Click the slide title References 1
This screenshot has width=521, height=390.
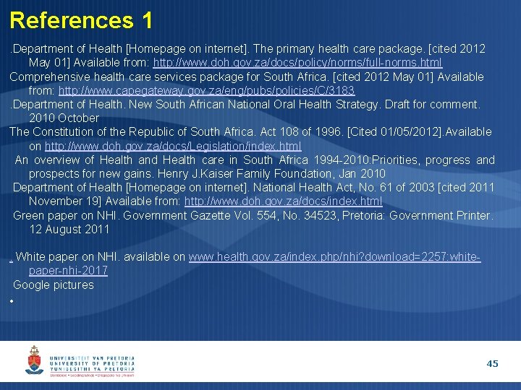(x=81, y=19)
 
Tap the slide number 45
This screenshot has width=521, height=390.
(x=492, y=364)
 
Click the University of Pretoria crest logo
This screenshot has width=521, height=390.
(x=35, y=359)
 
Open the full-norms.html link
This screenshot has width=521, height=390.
(x=297, y=63)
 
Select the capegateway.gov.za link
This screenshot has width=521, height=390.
(x=206, y=90)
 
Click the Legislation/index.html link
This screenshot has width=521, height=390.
(x=173, y=146)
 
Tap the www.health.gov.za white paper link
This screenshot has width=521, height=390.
(x=334, y=257)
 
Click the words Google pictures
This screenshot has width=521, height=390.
(x=54, y=285)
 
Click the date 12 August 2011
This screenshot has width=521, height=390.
(x=69, y=229)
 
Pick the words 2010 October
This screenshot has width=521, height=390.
(x=64, y=118)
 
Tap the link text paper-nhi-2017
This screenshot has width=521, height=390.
(x=68, y=271)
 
